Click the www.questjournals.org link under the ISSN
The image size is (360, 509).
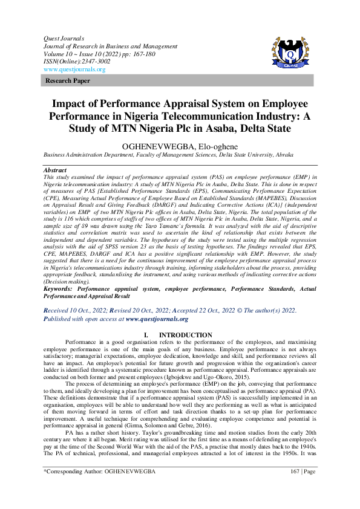(74, 70)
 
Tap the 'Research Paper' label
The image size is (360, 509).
(68, 80)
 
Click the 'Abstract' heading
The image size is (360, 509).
(55, 170)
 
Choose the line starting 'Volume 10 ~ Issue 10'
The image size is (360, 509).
(91, 53)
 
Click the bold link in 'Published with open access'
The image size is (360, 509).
(157, 319)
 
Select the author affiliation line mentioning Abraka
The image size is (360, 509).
(180, 155)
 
